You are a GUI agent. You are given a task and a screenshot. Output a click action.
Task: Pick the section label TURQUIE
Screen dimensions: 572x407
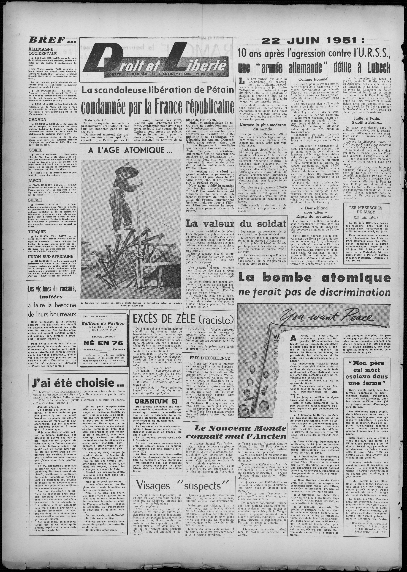click(x=37, y=232)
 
